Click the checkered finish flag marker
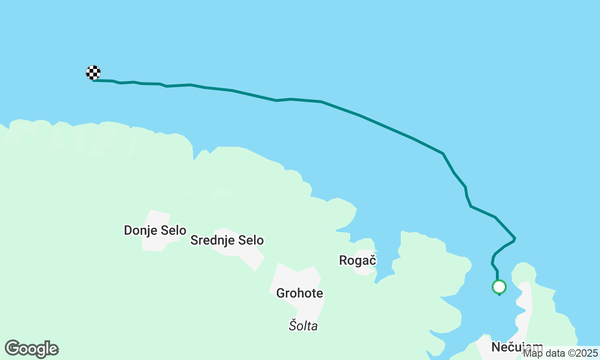[x=93, y=73]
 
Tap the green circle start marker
[x=499, y=286]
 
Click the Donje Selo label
[x=155, y=230]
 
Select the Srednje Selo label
[x=227, y=240]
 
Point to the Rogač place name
[x=358, y=260]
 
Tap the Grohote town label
[x=300, y=293]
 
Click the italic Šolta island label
[x=303, y=325]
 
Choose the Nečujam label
[x=517, y=347]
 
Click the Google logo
[x=32, y=349]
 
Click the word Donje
[x=139, y=230]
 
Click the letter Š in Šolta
[x=292, y=325]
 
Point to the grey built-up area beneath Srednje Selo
[x=248, y=255]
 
